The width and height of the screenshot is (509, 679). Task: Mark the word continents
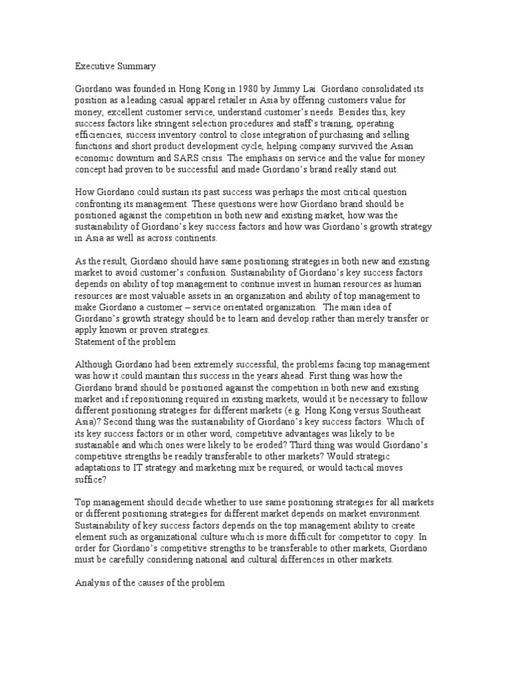(x=213, y=237)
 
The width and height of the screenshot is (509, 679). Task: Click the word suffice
(x=89, y=481)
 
